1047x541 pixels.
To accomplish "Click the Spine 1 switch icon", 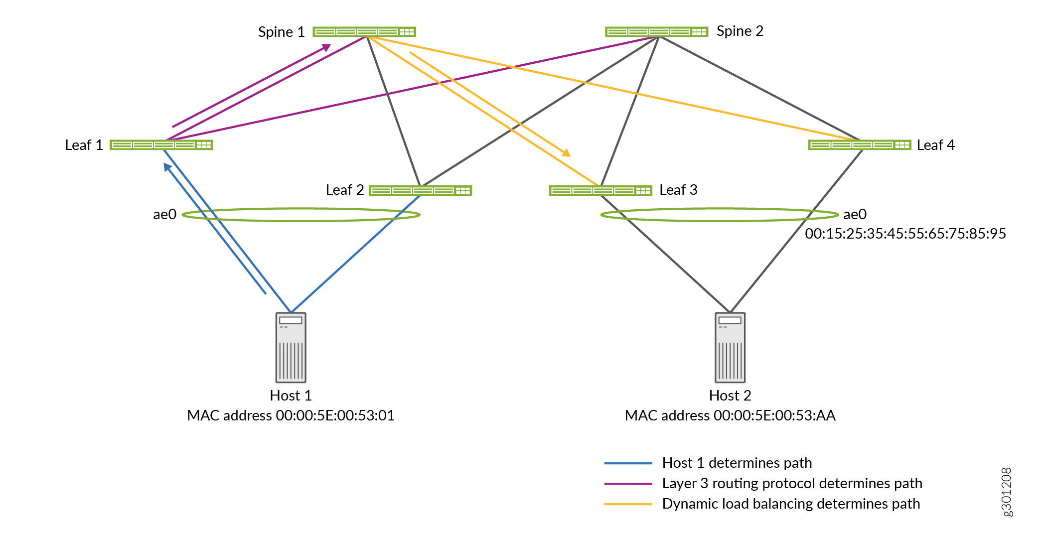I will [364, 32].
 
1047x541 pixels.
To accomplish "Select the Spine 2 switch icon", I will [656, 32].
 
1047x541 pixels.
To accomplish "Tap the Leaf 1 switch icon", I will [161, 145].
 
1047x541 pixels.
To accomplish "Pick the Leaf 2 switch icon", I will [420, 190].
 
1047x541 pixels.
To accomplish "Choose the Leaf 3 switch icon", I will [600, 190].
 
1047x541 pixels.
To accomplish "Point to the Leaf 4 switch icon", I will [859, 145].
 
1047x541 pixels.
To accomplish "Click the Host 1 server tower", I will [291, 347].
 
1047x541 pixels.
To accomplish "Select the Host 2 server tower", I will [730, 347].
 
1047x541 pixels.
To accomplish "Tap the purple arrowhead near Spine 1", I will [326, 47].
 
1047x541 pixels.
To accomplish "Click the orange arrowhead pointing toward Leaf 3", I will [566, 153].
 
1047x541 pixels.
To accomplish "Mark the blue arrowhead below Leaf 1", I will [167, 167].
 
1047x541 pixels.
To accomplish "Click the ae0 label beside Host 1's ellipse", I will [164, 214].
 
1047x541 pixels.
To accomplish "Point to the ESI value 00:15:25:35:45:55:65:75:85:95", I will [905, 234].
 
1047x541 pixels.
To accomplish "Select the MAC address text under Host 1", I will [291, 415].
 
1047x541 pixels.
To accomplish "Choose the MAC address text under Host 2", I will [730, 415].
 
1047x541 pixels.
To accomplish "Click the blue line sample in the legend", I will [628, 463].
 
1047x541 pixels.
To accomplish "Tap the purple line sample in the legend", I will [628, 484].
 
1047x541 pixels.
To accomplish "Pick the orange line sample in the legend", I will [628, 504].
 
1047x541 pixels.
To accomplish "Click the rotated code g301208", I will [1007, 492].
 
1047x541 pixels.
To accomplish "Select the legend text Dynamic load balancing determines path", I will [791, 504].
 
